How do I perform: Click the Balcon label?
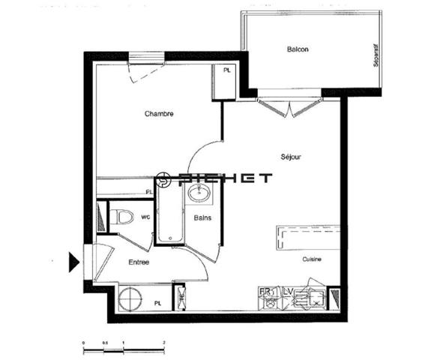click(x=298, y=49)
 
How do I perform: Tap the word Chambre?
click(x=159, y=114)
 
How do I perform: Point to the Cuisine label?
click(x=312, y=259)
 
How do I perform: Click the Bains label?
click(x=202, y=218)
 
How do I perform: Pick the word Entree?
click(x=138, y=262)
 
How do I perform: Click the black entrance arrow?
click(x=73, y=262)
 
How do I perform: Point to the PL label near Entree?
click(x=157, y=303)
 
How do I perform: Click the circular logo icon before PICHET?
click(x=166, y=178)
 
